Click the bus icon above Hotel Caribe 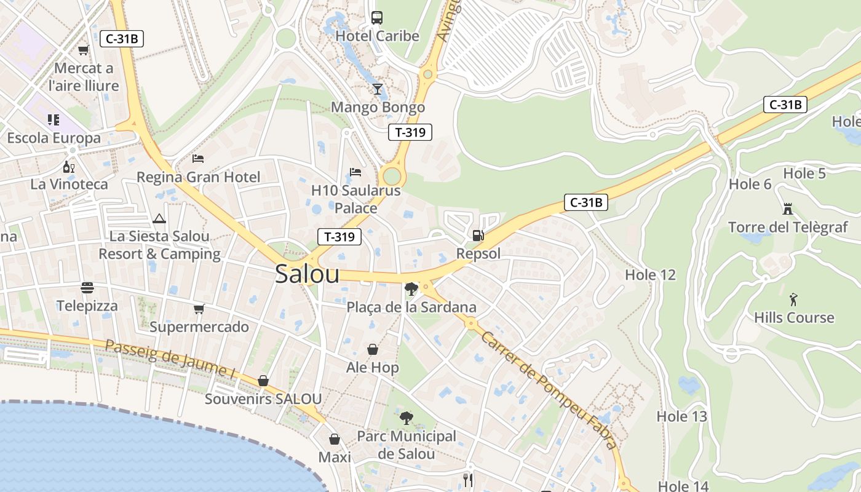point(377,17)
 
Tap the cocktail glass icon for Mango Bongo point(377,89)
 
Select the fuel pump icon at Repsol point(478,235)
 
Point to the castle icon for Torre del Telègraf point(787,209)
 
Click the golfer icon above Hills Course point(793,300)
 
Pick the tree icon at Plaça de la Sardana point(411,288)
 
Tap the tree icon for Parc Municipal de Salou point(406,418)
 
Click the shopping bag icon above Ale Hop point(373,349)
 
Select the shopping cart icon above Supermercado point(199,309)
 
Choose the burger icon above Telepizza point(87,288)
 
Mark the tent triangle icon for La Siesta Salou point(159,218)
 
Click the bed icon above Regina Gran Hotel point(198,159)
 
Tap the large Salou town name point(307,274)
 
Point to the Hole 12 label point(650,275)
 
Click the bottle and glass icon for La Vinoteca point(69,167)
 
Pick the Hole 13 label point(681,416)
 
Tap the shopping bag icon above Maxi point(335,439)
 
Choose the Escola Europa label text point(54,138)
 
